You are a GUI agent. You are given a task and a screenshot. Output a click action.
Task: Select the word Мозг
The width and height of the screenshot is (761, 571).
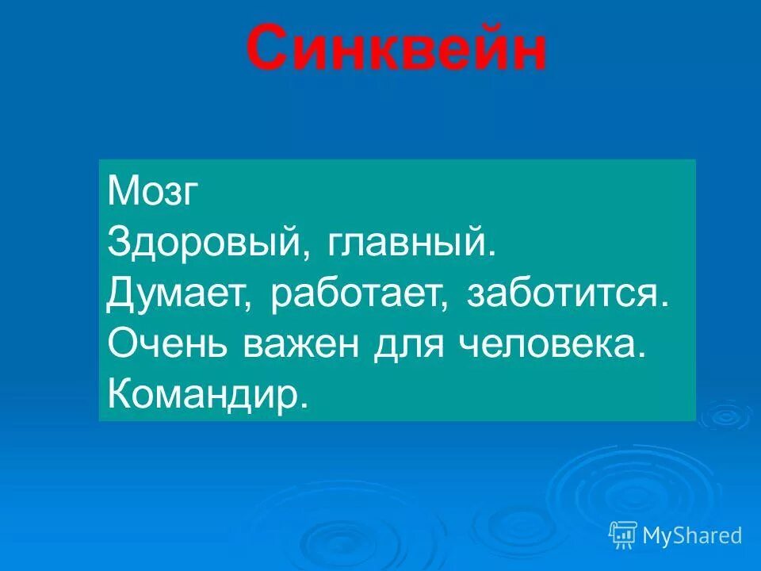pyautogui.click(x=151, y=192)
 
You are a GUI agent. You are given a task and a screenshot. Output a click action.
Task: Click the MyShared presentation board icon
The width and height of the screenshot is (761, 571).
pyautogui.click(x=623, y=536)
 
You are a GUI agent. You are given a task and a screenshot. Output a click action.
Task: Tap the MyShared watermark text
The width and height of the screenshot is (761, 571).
pyautogui.click(x=692, y=536)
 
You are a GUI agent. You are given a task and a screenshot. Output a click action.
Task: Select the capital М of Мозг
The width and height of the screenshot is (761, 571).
pyautogui.click(x=120, y=192)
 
